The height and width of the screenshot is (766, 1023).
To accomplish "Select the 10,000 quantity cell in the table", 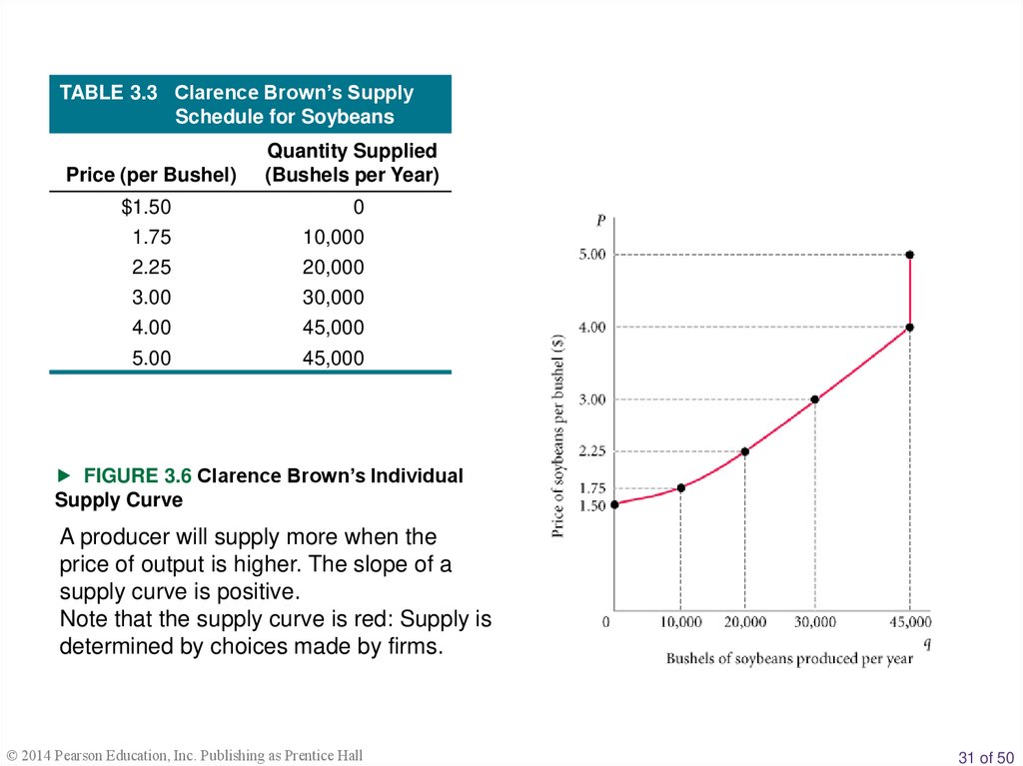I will tap(334, 238).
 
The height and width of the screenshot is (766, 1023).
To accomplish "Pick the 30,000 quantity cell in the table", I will tap(334, 298).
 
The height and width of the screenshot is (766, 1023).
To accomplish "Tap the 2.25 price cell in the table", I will tap(153, 268).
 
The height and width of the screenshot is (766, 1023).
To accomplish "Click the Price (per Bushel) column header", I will tap(151, 176).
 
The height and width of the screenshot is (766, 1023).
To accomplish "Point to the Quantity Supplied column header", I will tap(352, 151).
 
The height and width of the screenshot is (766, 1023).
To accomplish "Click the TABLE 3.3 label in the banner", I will tap(109, 93).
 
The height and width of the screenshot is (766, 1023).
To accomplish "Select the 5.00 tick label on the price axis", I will tap(592, 255).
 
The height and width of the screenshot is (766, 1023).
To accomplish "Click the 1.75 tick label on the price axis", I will tap(592, 488).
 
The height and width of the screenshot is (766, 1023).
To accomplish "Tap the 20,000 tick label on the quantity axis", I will tap(745, 622).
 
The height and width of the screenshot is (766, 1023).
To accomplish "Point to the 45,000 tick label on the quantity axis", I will tap(908, 622).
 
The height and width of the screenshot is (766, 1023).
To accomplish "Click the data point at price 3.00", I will tap(815, 399).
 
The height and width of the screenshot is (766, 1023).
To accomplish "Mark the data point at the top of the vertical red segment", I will tap(909, 255).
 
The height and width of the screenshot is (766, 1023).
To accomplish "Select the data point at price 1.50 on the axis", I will tap(614, 504).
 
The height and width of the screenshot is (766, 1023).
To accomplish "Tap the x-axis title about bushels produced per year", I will tap(789, 659).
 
